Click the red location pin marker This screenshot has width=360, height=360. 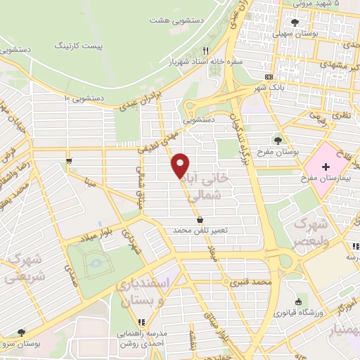[x=181, y=165]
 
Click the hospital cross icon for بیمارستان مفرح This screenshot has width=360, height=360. [x=326, y=167]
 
